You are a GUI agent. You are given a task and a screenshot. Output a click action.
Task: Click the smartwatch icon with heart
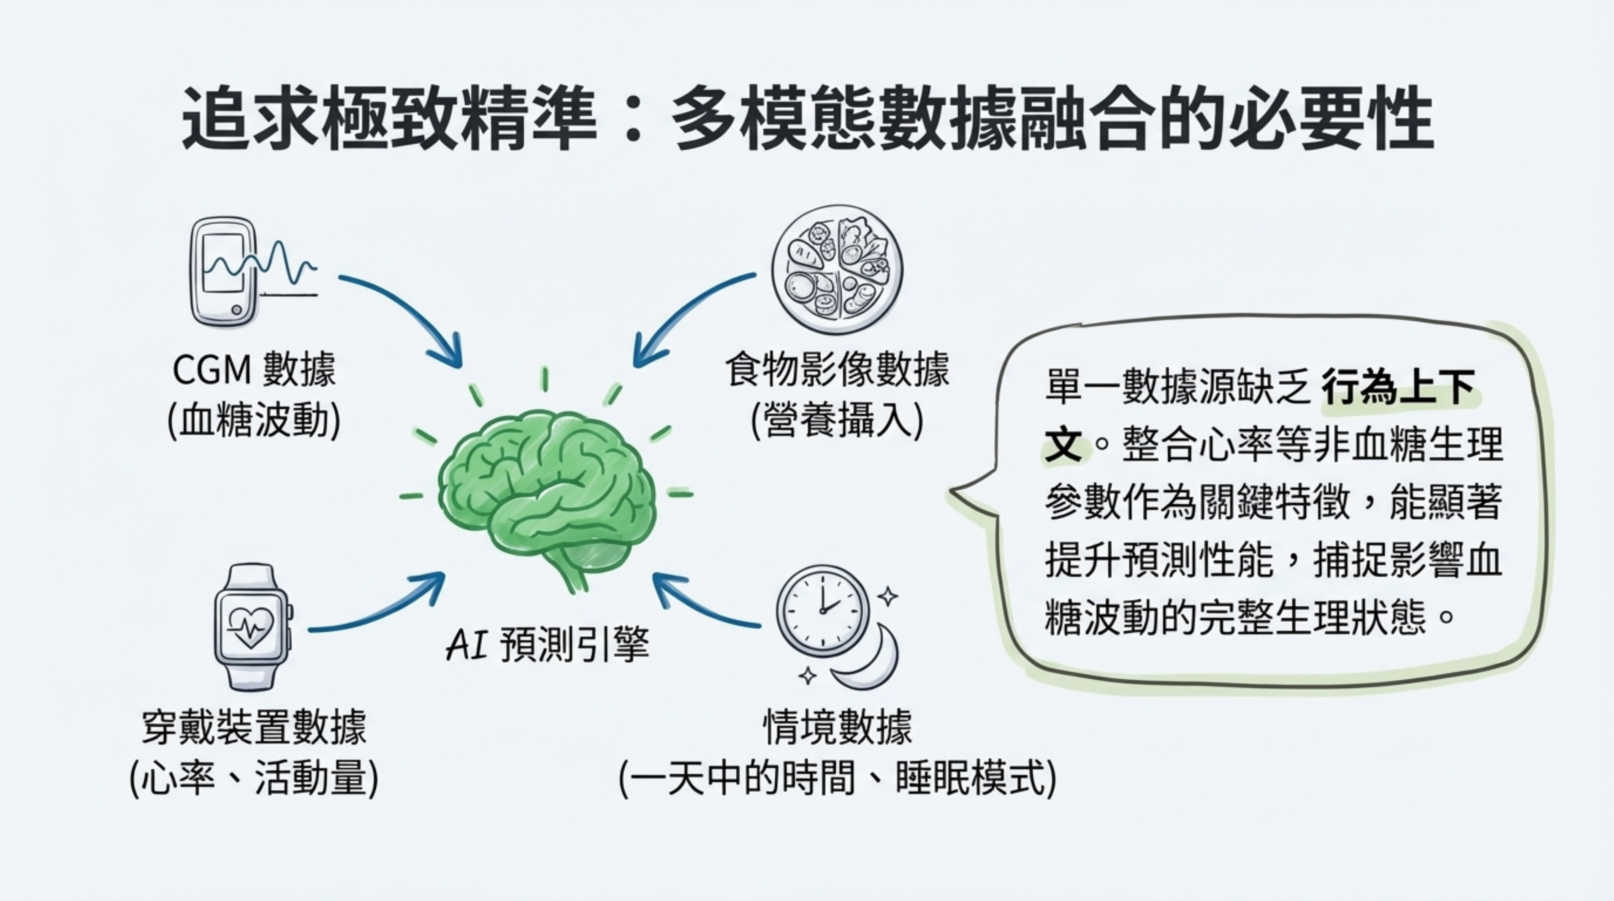click(x=252, y=627)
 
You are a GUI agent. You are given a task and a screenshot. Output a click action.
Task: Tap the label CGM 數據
click(x=254, y=370)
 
